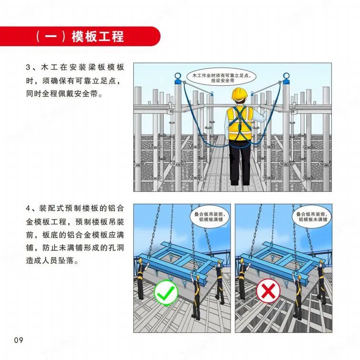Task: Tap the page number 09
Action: tap(19, 340)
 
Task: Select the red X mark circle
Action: tap(268, 290)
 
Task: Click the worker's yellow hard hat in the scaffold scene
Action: tap(240, 94)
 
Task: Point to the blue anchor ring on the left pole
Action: tap(178, 76)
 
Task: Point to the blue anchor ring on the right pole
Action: tap(286, 76)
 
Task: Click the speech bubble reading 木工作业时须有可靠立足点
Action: tap(221, 77)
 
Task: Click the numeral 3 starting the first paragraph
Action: tap(28, 67)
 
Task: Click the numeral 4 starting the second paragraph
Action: tap(28, 209)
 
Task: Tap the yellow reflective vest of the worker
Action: tap(240, 123)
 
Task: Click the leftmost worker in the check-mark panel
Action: tap(141, 278)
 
